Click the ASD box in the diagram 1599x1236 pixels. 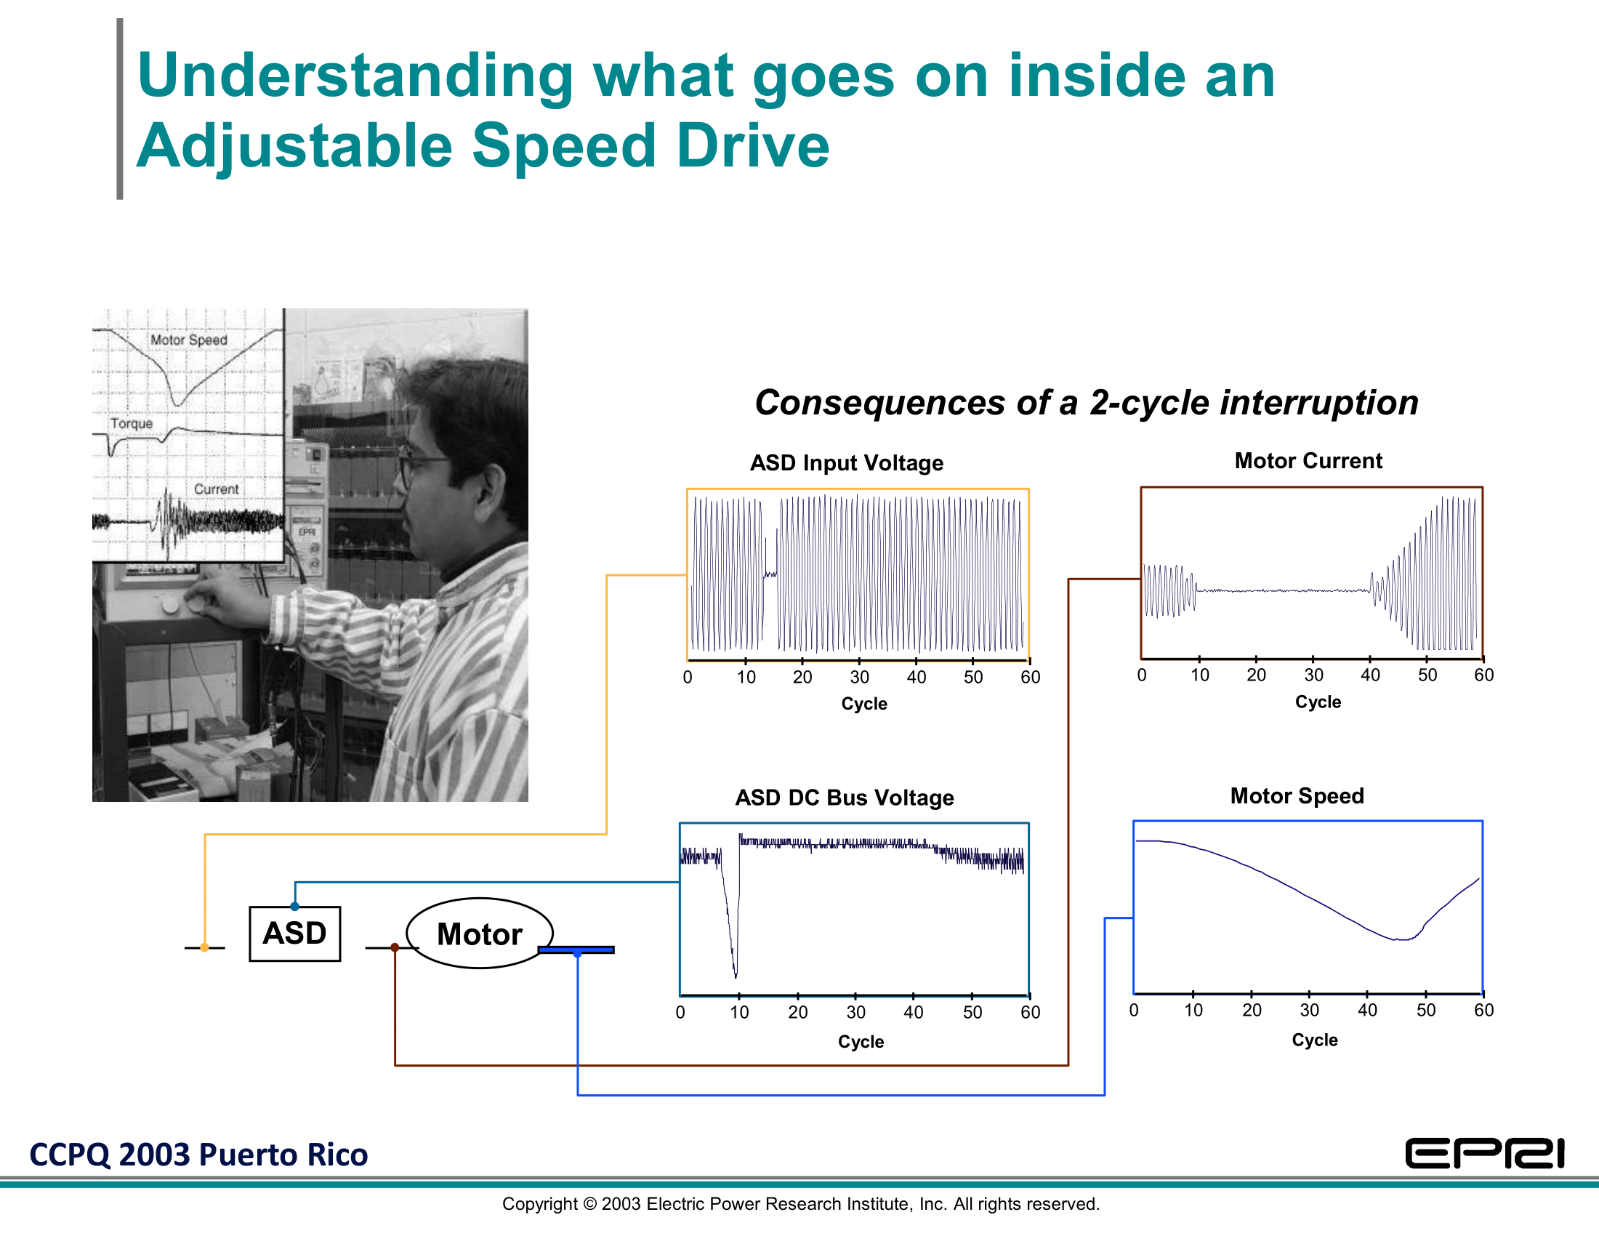(294, 934)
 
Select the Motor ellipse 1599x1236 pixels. (480, 934)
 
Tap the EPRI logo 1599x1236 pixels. (1485, 1154)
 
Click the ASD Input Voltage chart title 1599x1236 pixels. (847, 462)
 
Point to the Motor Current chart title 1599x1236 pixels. (1308, 460)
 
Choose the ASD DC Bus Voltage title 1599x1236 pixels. (845, 798)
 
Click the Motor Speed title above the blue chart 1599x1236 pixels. (1297, 796)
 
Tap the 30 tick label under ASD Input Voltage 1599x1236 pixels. (860, 678)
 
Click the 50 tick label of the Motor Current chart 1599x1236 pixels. (1427, 675)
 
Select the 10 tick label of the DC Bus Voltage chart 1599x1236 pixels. (738, 1013)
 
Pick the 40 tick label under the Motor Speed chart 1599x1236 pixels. (1368, 1011)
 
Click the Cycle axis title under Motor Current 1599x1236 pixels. (1318, 702)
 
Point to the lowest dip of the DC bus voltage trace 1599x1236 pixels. (735, 976)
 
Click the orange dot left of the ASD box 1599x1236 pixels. (204, 947)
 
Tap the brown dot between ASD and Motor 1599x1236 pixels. (395, 947)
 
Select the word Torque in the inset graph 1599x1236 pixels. (132, 423)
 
